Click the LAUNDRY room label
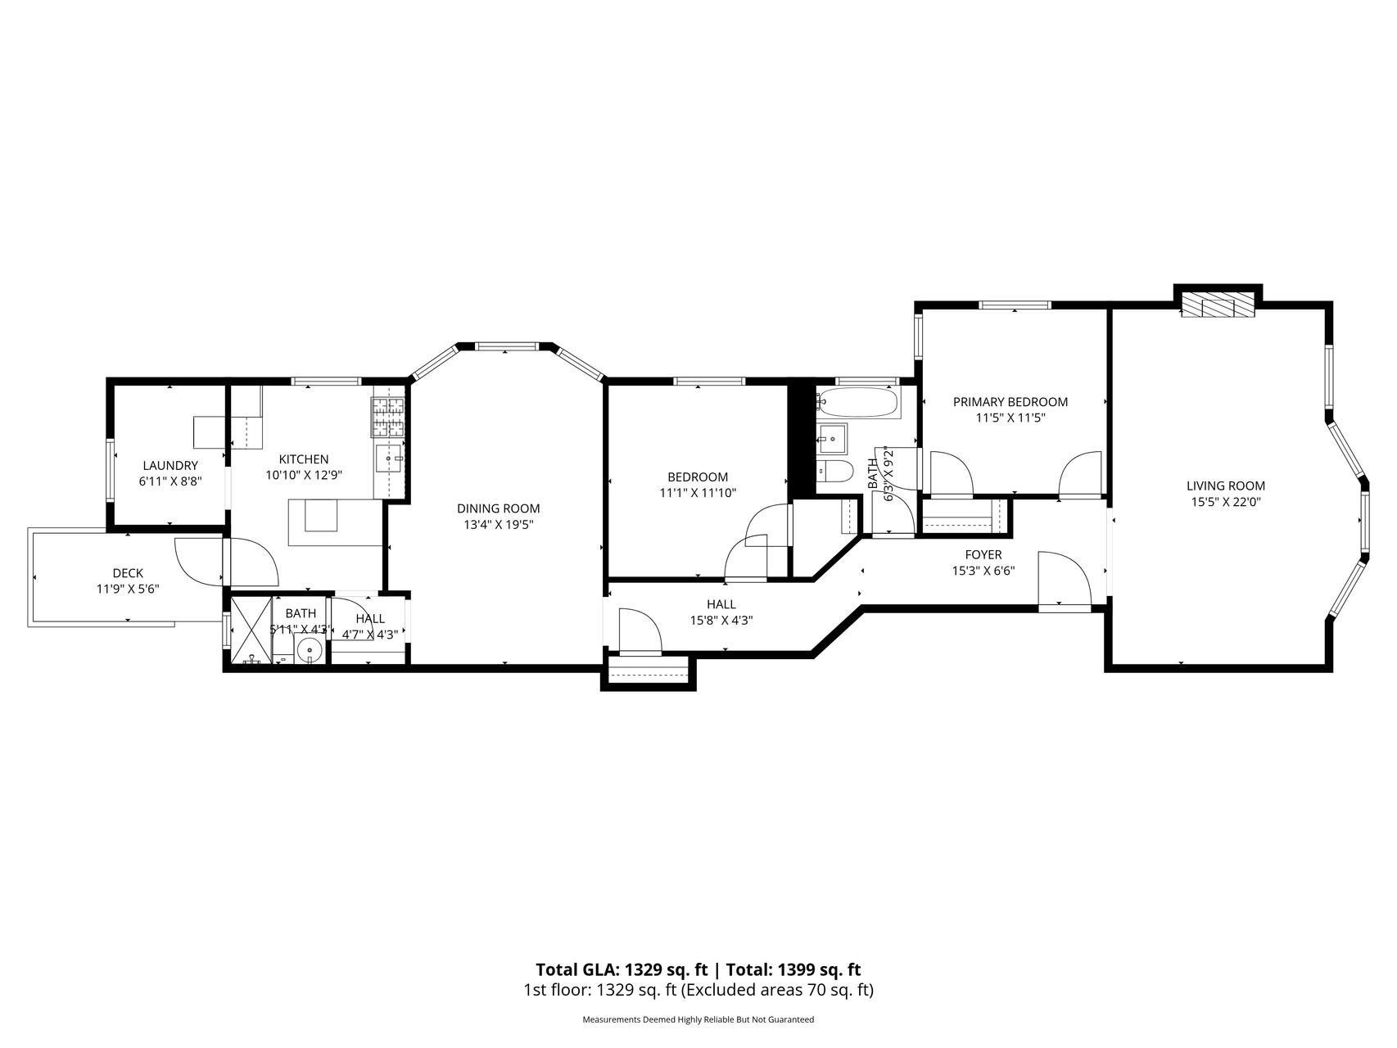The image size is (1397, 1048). click(x=170, y=465)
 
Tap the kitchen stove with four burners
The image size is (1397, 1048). click(x=388, y=418)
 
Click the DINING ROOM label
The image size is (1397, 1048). click(x=498, y=508)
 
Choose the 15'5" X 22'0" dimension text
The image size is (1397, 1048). click(x=1225, y=502)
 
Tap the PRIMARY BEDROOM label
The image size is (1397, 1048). click(x=1010, y=402)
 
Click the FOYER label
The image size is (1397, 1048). click(x=983, y=555)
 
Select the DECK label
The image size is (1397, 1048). click(x=128, y=573)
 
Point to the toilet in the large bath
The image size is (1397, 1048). click(x=835, y=472)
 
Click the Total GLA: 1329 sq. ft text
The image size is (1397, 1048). click(x=622, y=970)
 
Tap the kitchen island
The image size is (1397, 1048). click(x=336, y=522)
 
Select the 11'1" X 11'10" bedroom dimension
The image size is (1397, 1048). click(x=698, y=493)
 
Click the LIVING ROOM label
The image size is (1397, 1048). click(x=1226, y=486)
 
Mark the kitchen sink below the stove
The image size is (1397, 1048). click(x=388, y=458)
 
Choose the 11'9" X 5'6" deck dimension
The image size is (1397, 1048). click(x=128, y=588)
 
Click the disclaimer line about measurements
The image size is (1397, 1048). click(x=698, y=1020)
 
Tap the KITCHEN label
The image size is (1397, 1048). click(x=304, y=459)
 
